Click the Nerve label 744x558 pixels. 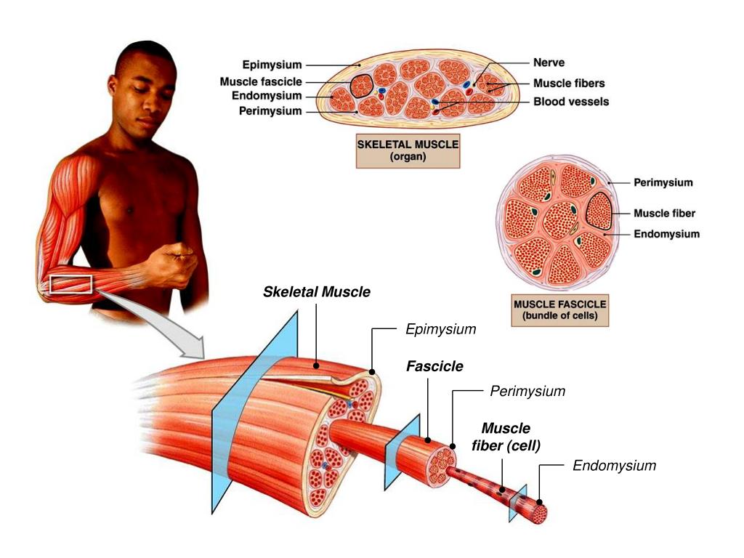[x=549, y=63]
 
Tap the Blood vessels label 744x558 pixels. [x=571, y=102]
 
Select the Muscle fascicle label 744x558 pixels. [x=261, y=82]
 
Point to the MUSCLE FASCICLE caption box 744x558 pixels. [x=559, y=309]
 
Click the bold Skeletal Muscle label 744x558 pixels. [x=317, y=292]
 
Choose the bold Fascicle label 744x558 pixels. [x=434, y=366]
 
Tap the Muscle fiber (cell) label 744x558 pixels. [x=506, y=437]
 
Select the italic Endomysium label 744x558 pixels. [x=614, y=466]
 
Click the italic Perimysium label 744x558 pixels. [x=527, y=392]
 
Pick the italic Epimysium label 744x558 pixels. [x=441, y=330]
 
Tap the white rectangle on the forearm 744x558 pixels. [x=70, y=284]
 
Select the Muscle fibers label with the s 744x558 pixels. [x=569, y=83]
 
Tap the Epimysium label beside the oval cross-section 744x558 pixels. [x=272, y=65]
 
